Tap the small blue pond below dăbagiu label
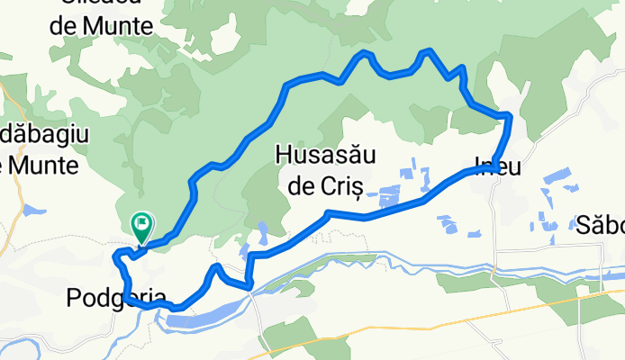[33, 211]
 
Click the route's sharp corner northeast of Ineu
[510, 115]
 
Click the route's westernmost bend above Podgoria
[114, 258]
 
